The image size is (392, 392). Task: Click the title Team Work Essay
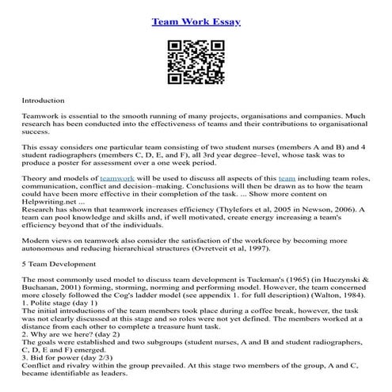click(x=196, y=17)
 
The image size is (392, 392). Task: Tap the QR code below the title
click(x=196, y=59)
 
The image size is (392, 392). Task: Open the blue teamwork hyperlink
click(x=120, y=179)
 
